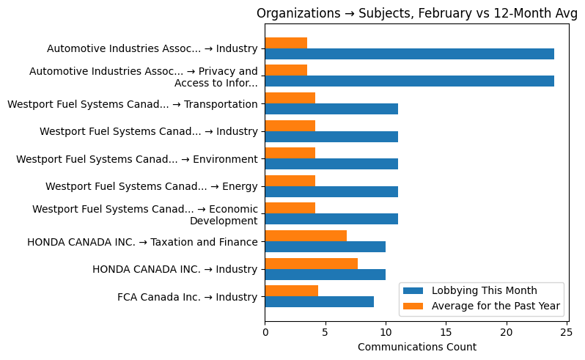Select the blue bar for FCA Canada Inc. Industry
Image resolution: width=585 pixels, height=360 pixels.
[x=319, y=301]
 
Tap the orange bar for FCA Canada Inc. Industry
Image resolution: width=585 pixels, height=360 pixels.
[x=291, y=290]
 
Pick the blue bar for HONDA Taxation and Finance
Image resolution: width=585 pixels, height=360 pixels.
[x=325, y=246]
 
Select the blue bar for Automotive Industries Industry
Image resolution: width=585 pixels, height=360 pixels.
[x=409, y=54]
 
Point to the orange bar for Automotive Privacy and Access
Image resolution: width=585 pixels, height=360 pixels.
[x=286, y=70]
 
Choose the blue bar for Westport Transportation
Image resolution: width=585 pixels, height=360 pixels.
[x=331, y=109]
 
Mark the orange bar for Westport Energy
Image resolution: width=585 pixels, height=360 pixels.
[x=290, y=180]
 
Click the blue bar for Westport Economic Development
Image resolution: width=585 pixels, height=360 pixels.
[x=331, y=218]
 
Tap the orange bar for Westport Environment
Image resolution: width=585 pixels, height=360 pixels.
[x=290, y=153]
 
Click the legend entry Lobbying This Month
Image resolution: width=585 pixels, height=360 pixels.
[x=484, y=290]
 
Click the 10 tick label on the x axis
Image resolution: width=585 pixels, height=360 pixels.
[x=386, y=332]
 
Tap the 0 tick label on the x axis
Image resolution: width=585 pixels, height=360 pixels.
[x=265, y=332]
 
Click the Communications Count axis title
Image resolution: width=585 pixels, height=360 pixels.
[x=416, y=347]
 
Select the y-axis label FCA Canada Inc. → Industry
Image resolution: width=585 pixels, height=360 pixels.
[x=187, y=297]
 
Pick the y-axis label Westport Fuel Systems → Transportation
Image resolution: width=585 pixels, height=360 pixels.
[x=132, y=104]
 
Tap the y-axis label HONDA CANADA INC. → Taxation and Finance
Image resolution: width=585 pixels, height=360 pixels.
[x=142, y=242]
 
